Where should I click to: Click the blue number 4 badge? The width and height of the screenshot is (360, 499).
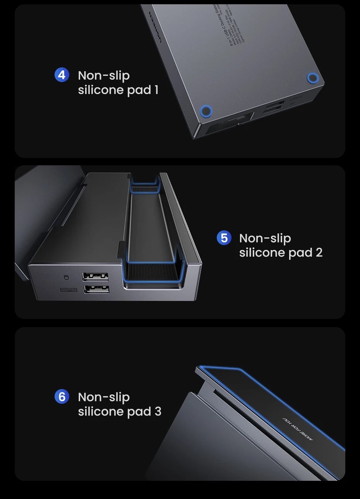click(x=62, y=75)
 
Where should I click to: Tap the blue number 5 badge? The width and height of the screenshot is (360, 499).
click(x=224, y=238)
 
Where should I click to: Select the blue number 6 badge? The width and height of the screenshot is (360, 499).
click(x=62, y=396)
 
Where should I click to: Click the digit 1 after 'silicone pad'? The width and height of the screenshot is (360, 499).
click(x=156, y=90)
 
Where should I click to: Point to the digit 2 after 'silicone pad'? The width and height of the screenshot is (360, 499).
click(x=319, y=252)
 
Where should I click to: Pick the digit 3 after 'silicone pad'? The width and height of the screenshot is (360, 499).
click(x=158, y=411)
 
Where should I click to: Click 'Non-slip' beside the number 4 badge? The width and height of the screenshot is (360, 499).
click(x=104, y=75)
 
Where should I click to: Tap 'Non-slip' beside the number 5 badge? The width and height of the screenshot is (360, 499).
click(x=265, y=238)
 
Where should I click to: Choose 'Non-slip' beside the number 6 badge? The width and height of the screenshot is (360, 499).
click(x=104, y=397)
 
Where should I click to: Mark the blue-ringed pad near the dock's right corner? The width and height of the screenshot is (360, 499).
click(x=312, y=78)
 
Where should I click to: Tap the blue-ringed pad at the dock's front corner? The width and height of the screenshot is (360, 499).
click(x=206, y=112)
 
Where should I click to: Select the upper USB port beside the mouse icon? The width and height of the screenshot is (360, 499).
click(x=95, y=277)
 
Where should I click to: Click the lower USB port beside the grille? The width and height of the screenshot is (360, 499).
click(x=96, y=289)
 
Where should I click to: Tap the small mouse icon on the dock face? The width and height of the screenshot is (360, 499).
click(x=66, y=277)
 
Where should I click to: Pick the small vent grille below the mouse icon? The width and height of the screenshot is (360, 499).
click(x=69, y=290)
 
